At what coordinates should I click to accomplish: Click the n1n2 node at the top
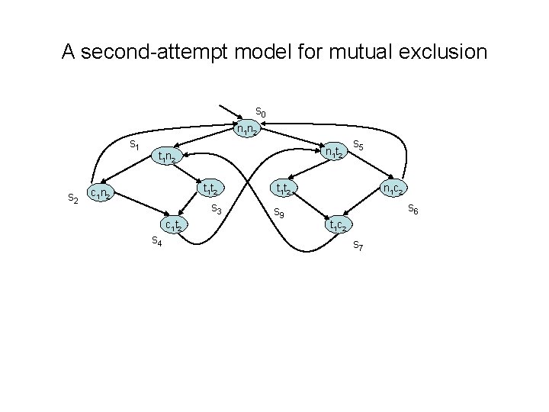coord(248,129)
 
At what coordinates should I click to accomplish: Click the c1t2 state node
coord(173,224)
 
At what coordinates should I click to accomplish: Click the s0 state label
coord(260,113)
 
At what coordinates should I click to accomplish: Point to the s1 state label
coord(133,144)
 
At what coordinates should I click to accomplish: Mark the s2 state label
coord(73,198)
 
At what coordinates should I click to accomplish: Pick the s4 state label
coord(156,241)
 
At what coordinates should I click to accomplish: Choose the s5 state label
coord(358,144)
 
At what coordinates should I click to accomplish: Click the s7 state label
coord(358,245)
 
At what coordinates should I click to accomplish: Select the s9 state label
coord(279,215)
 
